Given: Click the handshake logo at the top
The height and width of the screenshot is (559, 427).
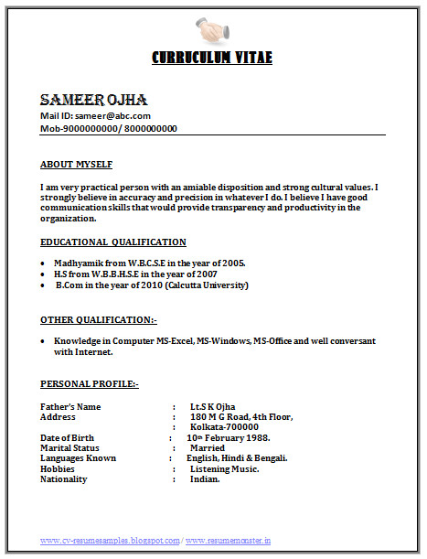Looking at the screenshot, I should (x=213, y=30).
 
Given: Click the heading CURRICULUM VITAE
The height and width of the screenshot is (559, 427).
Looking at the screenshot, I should (x=212, y=58).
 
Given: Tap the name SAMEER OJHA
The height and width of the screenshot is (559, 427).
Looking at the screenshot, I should (x=93, y=100).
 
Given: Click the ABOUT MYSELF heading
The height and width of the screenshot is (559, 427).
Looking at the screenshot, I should (x=77, y=165).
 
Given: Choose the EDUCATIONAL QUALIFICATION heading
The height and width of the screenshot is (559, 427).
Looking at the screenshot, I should (x=113, y=242).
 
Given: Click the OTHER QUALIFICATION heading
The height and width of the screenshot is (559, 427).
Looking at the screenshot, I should (x=99, y=320).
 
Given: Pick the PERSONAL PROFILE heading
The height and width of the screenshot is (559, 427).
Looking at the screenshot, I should (x=90, y=384).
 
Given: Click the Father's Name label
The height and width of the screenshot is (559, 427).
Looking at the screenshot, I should (x=70, y=406).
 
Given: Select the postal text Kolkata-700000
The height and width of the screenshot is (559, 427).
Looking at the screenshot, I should (x=224, y=427).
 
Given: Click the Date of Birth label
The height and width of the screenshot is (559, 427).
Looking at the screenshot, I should (x=67, y=438).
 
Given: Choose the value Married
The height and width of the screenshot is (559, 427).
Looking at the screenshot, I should (x=208, y=448).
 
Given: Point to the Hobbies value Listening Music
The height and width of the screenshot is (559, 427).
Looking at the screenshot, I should (x=224, y=468).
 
